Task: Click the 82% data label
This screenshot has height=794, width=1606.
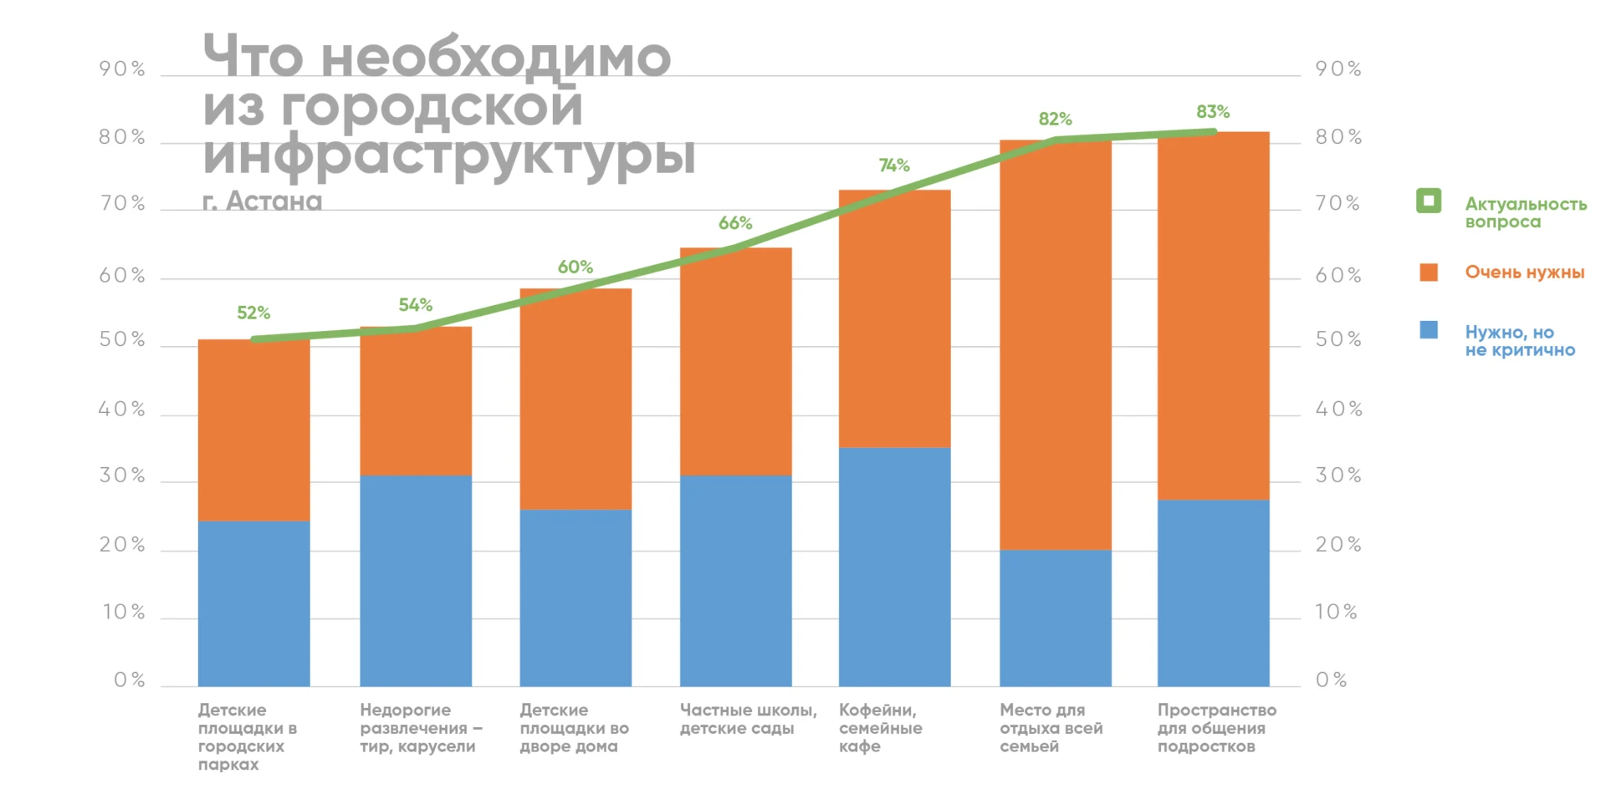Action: pos(1055,120)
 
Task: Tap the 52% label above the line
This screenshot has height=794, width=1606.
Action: pos(253,313)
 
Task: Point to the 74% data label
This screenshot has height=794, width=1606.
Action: pos(893,165)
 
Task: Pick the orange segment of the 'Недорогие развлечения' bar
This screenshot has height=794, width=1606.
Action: pos(416,401)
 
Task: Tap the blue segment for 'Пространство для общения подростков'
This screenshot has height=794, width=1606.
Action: pos(1213,593)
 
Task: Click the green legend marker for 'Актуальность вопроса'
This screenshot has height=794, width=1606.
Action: pos(1429,201)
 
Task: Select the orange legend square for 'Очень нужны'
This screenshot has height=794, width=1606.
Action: pos(1429,272)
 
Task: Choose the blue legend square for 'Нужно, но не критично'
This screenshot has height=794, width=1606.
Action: pos(1429,330)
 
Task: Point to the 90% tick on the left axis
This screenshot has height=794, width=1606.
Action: pos(122,69)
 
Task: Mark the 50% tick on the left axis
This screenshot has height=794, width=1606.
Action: pos(122,340)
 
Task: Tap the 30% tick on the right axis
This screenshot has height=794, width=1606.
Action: pos(1338,476)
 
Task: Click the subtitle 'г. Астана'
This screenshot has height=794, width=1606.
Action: pos(262,201)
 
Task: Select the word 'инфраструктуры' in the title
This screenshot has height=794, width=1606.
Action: pos(449,155)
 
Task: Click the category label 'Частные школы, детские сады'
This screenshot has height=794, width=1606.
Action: pos(748,719)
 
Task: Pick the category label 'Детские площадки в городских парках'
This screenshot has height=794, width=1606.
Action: pos(247,736)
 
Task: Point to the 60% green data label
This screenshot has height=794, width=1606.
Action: pos(575,267)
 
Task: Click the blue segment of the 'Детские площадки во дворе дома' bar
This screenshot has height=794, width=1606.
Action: pos(575,598)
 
